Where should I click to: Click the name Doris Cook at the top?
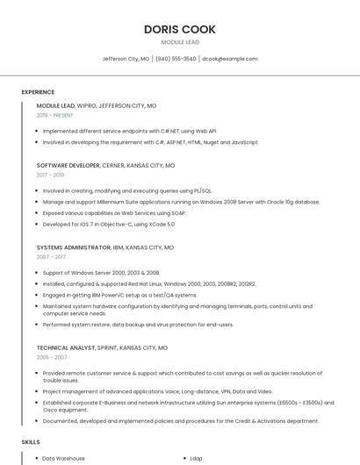(x=180, y=29)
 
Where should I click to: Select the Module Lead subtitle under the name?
(x=180, y=42)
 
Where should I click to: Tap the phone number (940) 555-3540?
(x=176, y=59)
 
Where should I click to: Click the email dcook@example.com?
(x=230, y=59)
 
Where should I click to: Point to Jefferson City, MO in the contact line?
(x=126, y=59)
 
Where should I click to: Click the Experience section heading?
(x=38, y=92)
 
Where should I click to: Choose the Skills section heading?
(x=31, y=441)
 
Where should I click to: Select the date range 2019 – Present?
(x=54, y=115)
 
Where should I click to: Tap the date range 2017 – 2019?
(x=50, y=175)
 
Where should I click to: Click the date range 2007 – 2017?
(x=51, y=257)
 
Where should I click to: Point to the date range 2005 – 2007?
(x=51, y=357)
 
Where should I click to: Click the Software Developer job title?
(x=68, y=165)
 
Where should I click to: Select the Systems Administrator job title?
(x=74, y=247)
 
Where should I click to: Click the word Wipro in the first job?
(x=87, y=105)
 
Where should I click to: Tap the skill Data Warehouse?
(x=63, y=458)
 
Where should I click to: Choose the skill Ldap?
(x=197, y=458)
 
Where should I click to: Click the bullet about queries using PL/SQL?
(x=127, y=190)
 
